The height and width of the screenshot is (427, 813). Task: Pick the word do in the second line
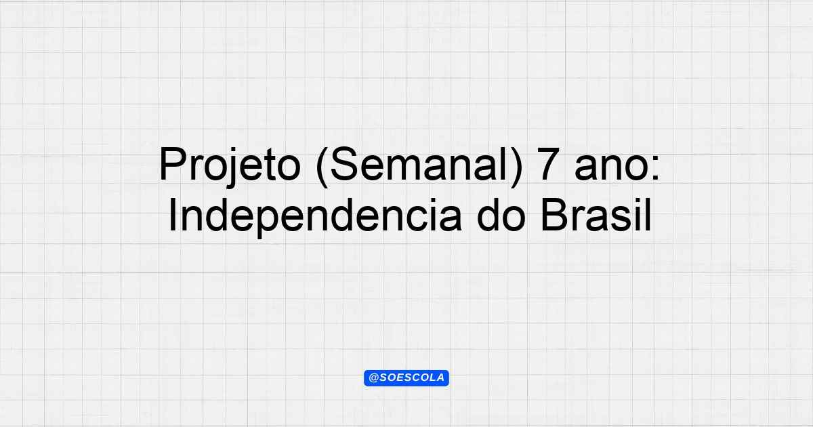tap(501, 215)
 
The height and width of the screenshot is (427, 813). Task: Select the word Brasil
tap(596, 215)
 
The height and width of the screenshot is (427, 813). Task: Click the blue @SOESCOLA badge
tap(406, 378)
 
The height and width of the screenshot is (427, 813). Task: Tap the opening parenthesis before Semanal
tap(322, 167)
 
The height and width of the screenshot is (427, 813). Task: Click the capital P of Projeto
tap(173, 164)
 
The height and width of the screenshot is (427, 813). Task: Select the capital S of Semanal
tap(344, 164)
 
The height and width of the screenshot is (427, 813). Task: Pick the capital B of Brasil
tap(556, 215)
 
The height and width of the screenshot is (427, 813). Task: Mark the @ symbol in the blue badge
tap(374, 378)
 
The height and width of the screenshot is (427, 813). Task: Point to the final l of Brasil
tap(648, 215)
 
